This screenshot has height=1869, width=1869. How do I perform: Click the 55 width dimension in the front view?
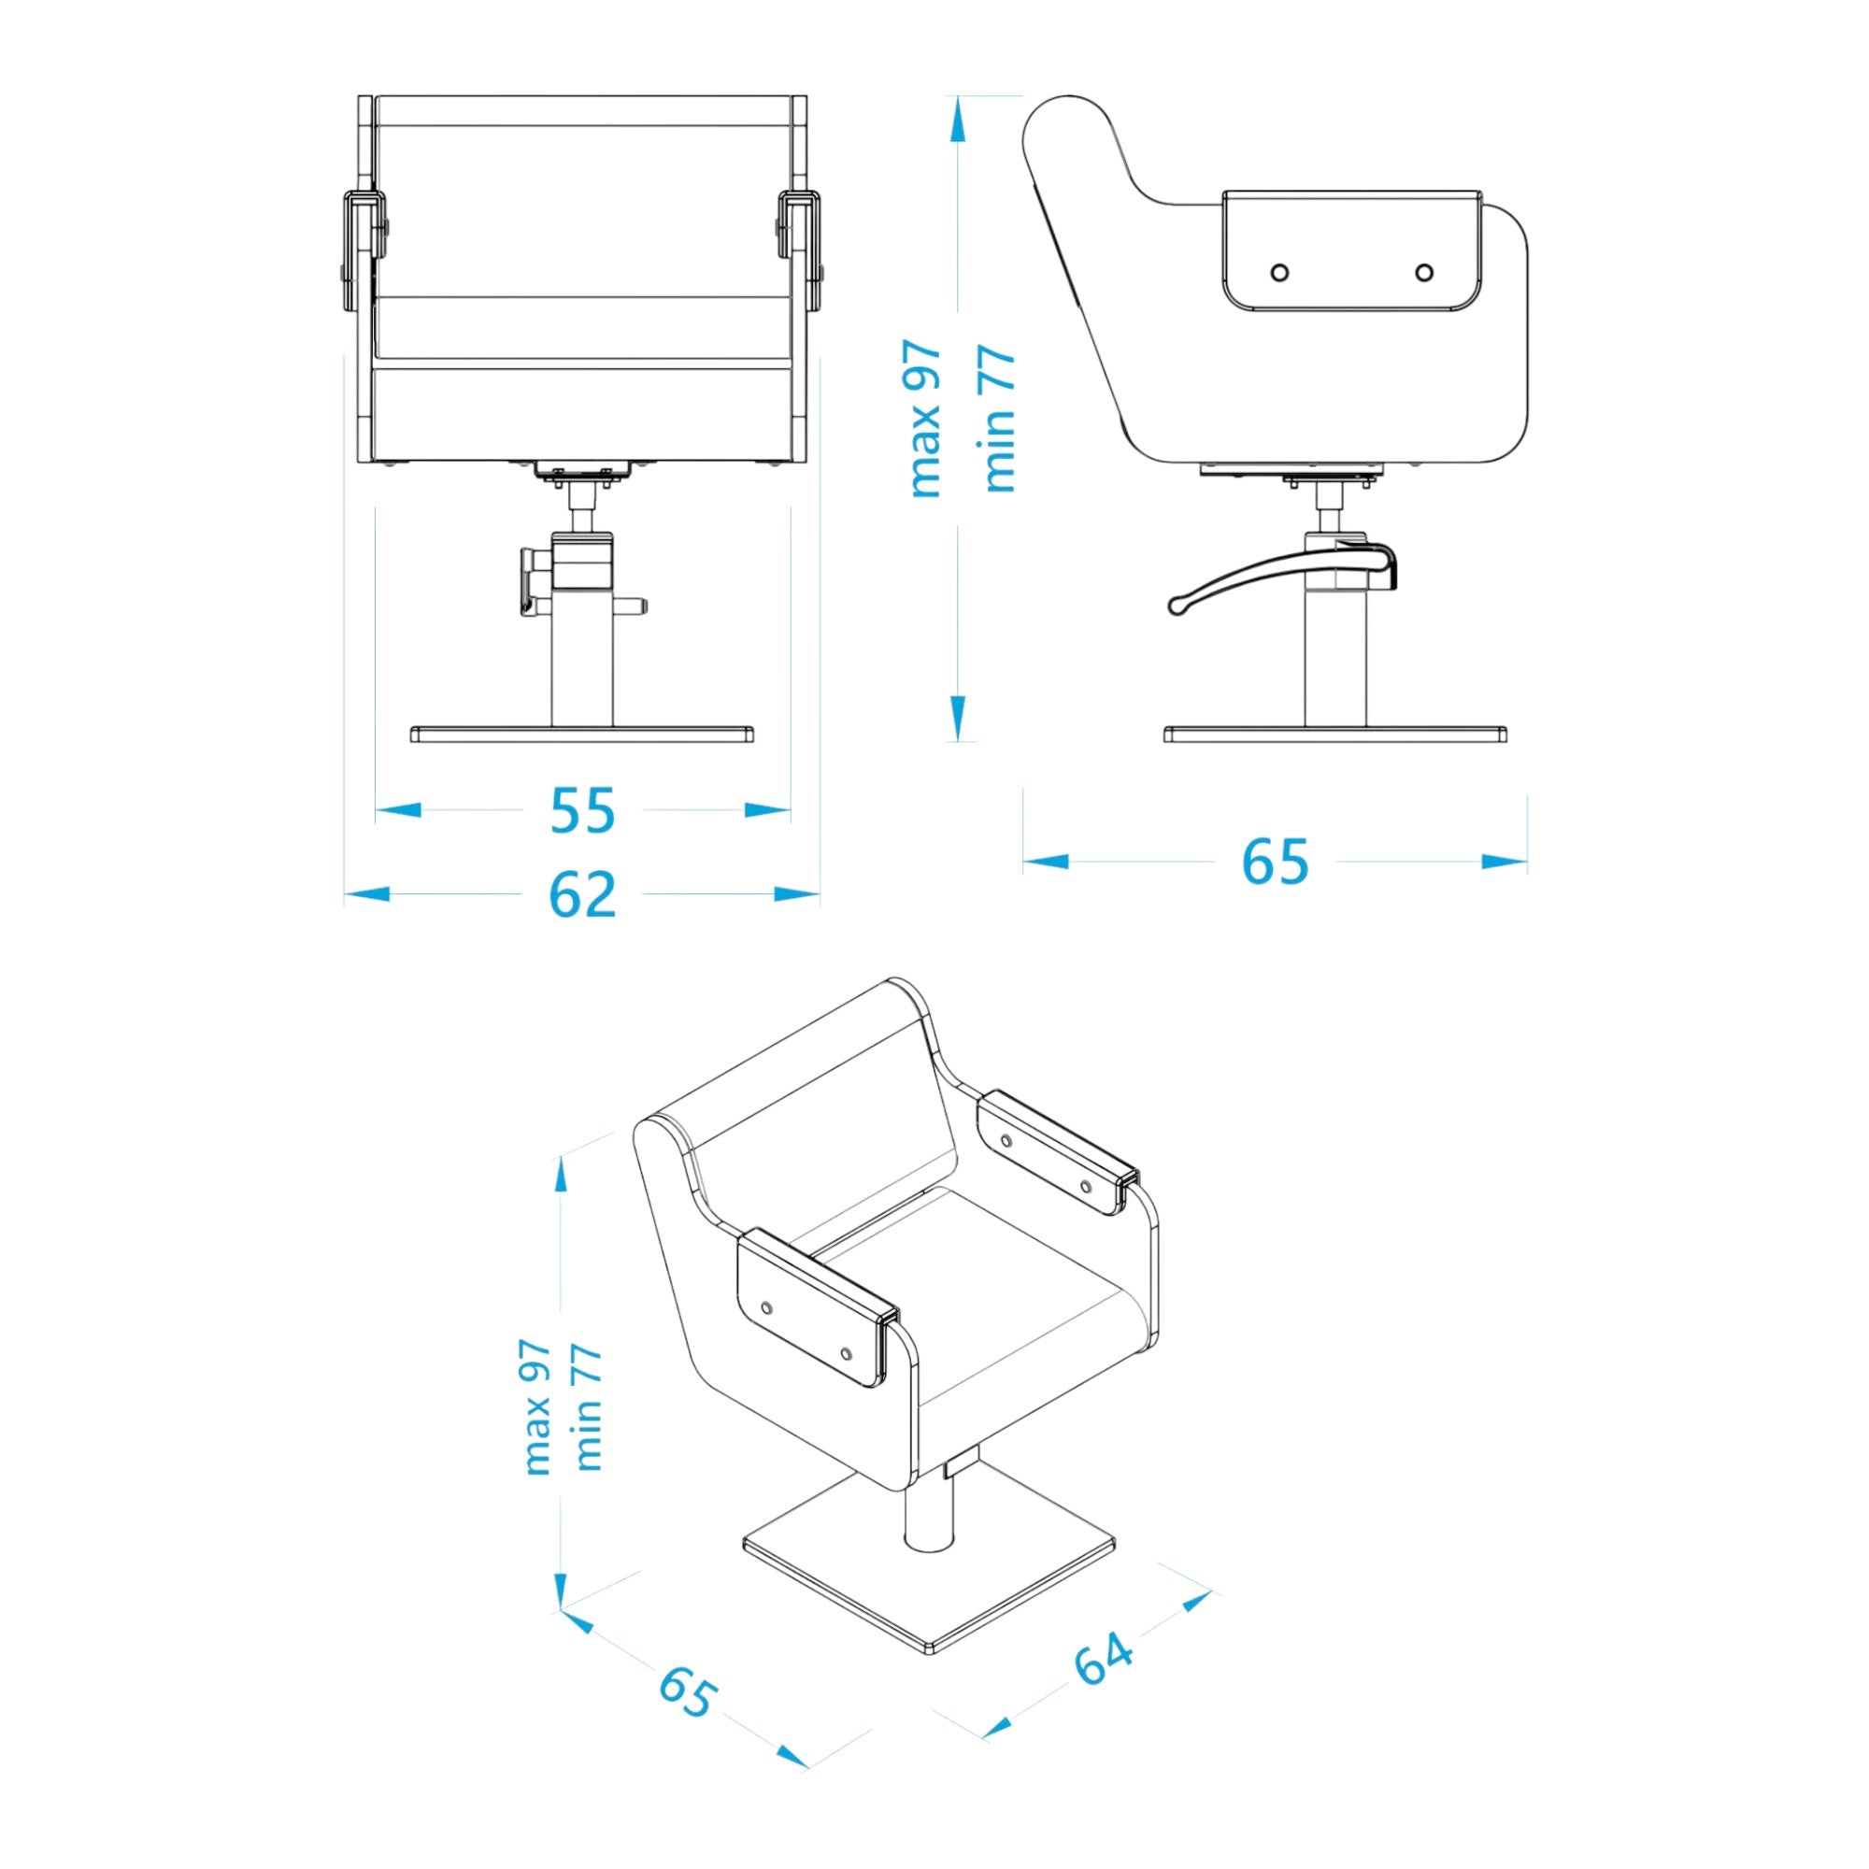582,810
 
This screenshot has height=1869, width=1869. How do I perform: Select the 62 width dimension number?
582,895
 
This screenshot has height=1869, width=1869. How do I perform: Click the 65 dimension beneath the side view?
1275,861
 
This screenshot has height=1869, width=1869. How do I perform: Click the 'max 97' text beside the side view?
926,419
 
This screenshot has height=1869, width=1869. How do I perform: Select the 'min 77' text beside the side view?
1000,419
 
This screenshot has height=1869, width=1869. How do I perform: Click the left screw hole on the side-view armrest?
1279,273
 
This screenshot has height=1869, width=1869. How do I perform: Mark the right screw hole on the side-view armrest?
1424,273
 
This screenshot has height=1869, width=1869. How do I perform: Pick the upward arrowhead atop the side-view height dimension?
957,121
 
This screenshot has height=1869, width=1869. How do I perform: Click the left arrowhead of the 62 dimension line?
367,895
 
